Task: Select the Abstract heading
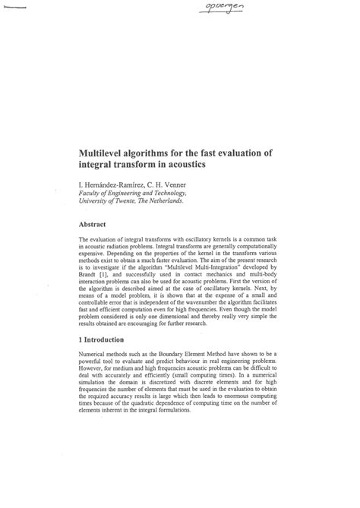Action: click(x=95, y=225)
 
